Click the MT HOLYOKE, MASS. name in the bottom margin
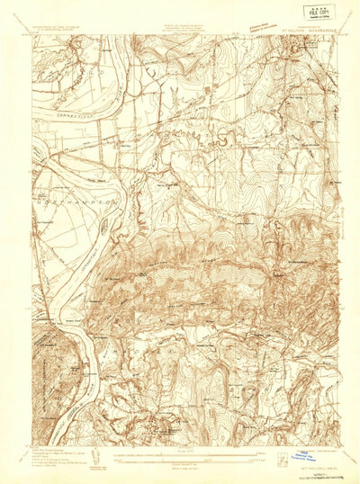tap(308, 468)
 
